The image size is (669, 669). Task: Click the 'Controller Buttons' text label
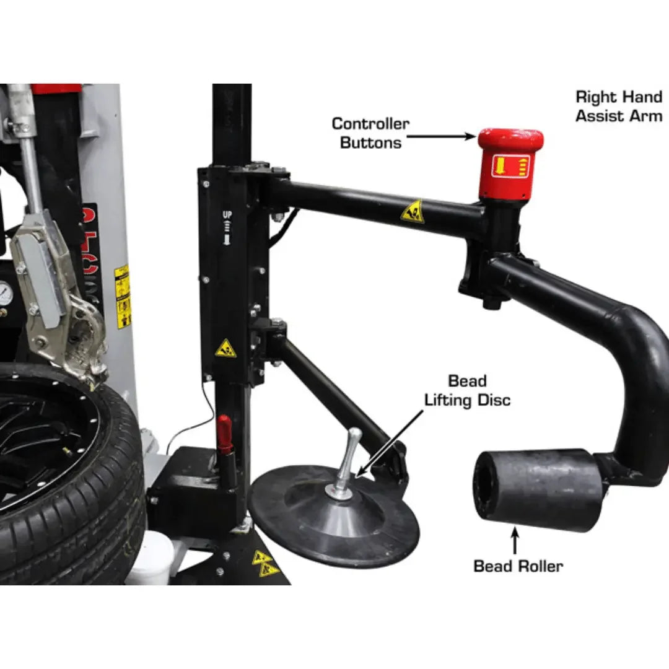(370, 133)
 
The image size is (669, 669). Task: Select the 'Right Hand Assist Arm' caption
(618, 106)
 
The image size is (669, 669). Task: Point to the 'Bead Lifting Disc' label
(467, 390)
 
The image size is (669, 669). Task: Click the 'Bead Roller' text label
(518, 566)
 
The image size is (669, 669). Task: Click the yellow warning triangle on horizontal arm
(412, 212)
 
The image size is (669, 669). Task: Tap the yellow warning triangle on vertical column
(225, 349)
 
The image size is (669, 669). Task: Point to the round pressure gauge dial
(5, 294)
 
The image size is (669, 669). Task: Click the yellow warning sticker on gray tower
(123, 296)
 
